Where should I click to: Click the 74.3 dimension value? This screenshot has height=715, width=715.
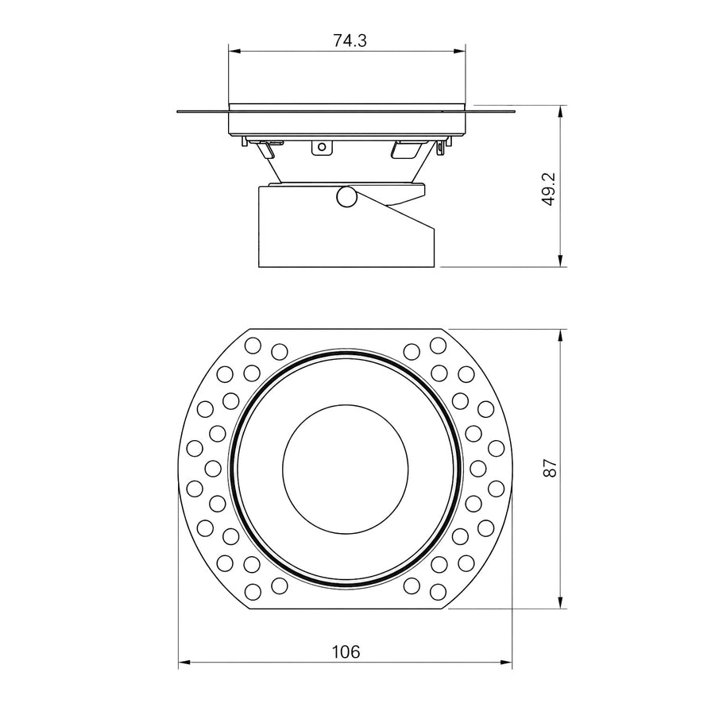click(350, 41)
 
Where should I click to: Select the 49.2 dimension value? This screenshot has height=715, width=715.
click(550, 189)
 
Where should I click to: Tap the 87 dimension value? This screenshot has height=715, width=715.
click(550, 468)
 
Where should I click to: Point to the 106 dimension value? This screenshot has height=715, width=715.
click(346, 651)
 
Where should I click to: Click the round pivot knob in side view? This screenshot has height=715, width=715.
click(346, 196)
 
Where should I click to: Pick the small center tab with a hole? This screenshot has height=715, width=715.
click(322, 147)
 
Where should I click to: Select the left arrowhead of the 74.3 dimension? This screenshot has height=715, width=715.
click(234, 52)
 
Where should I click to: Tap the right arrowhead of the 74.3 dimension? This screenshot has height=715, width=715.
click(460, 52)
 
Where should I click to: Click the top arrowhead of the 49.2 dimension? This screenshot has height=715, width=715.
click(560, 111)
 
